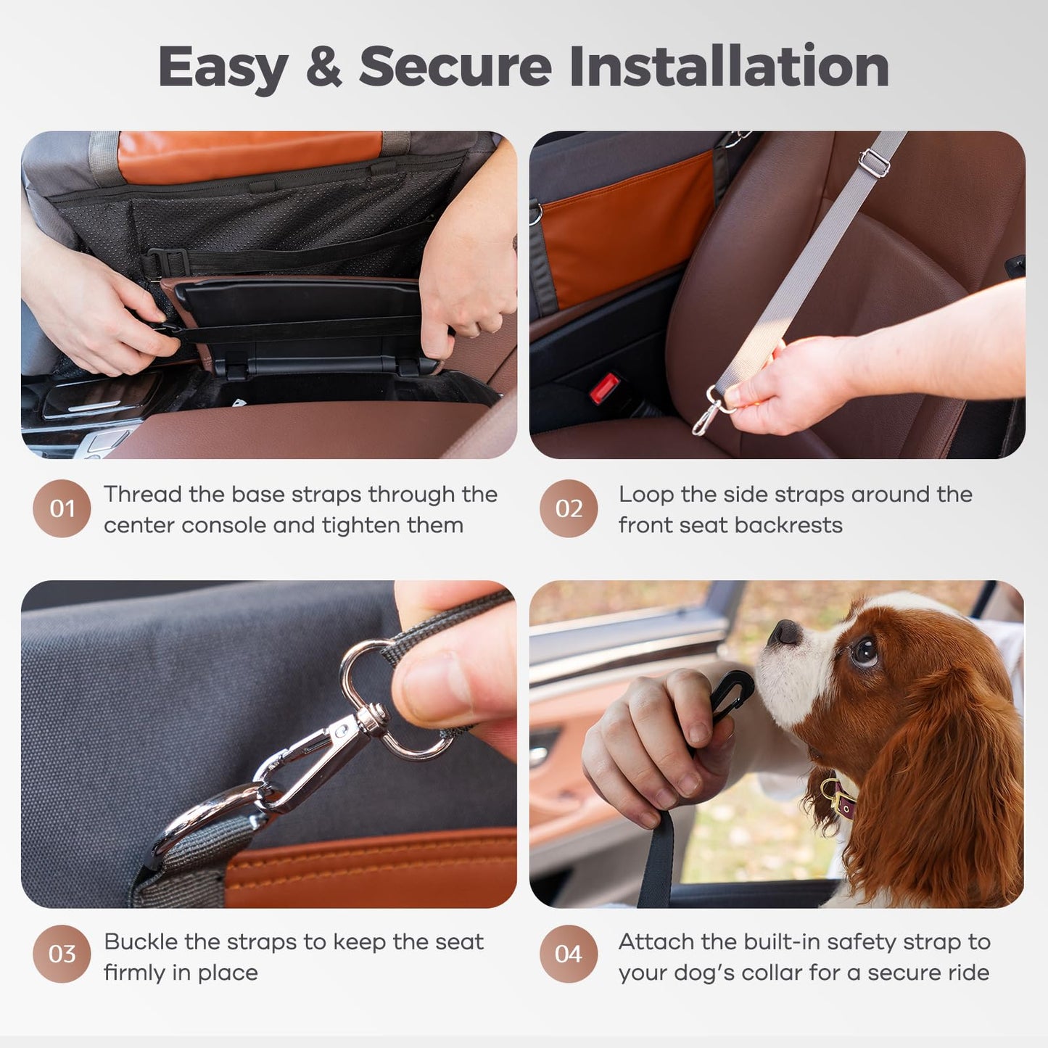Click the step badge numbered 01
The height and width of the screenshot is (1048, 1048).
click(x=62, y=508)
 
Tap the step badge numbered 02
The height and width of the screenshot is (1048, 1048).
click(x=569, y=508)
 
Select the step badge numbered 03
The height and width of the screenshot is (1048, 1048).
click(x=62, y=954)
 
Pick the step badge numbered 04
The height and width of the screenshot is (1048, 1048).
click(x=569, y=954)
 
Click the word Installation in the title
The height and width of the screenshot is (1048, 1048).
click(x=729, y=67)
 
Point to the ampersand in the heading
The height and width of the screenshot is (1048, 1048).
click(x=323, y=67)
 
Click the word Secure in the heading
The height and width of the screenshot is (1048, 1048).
click(x=455, y=67)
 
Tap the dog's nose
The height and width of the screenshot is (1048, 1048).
click(x=785, y=632)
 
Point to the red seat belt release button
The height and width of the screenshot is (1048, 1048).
click(x=604, y=388)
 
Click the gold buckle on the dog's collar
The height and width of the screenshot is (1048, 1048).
click(x=841, y=800)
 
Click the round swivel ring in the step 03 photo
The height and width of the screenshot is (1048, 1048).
click(x=366, y=671)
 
